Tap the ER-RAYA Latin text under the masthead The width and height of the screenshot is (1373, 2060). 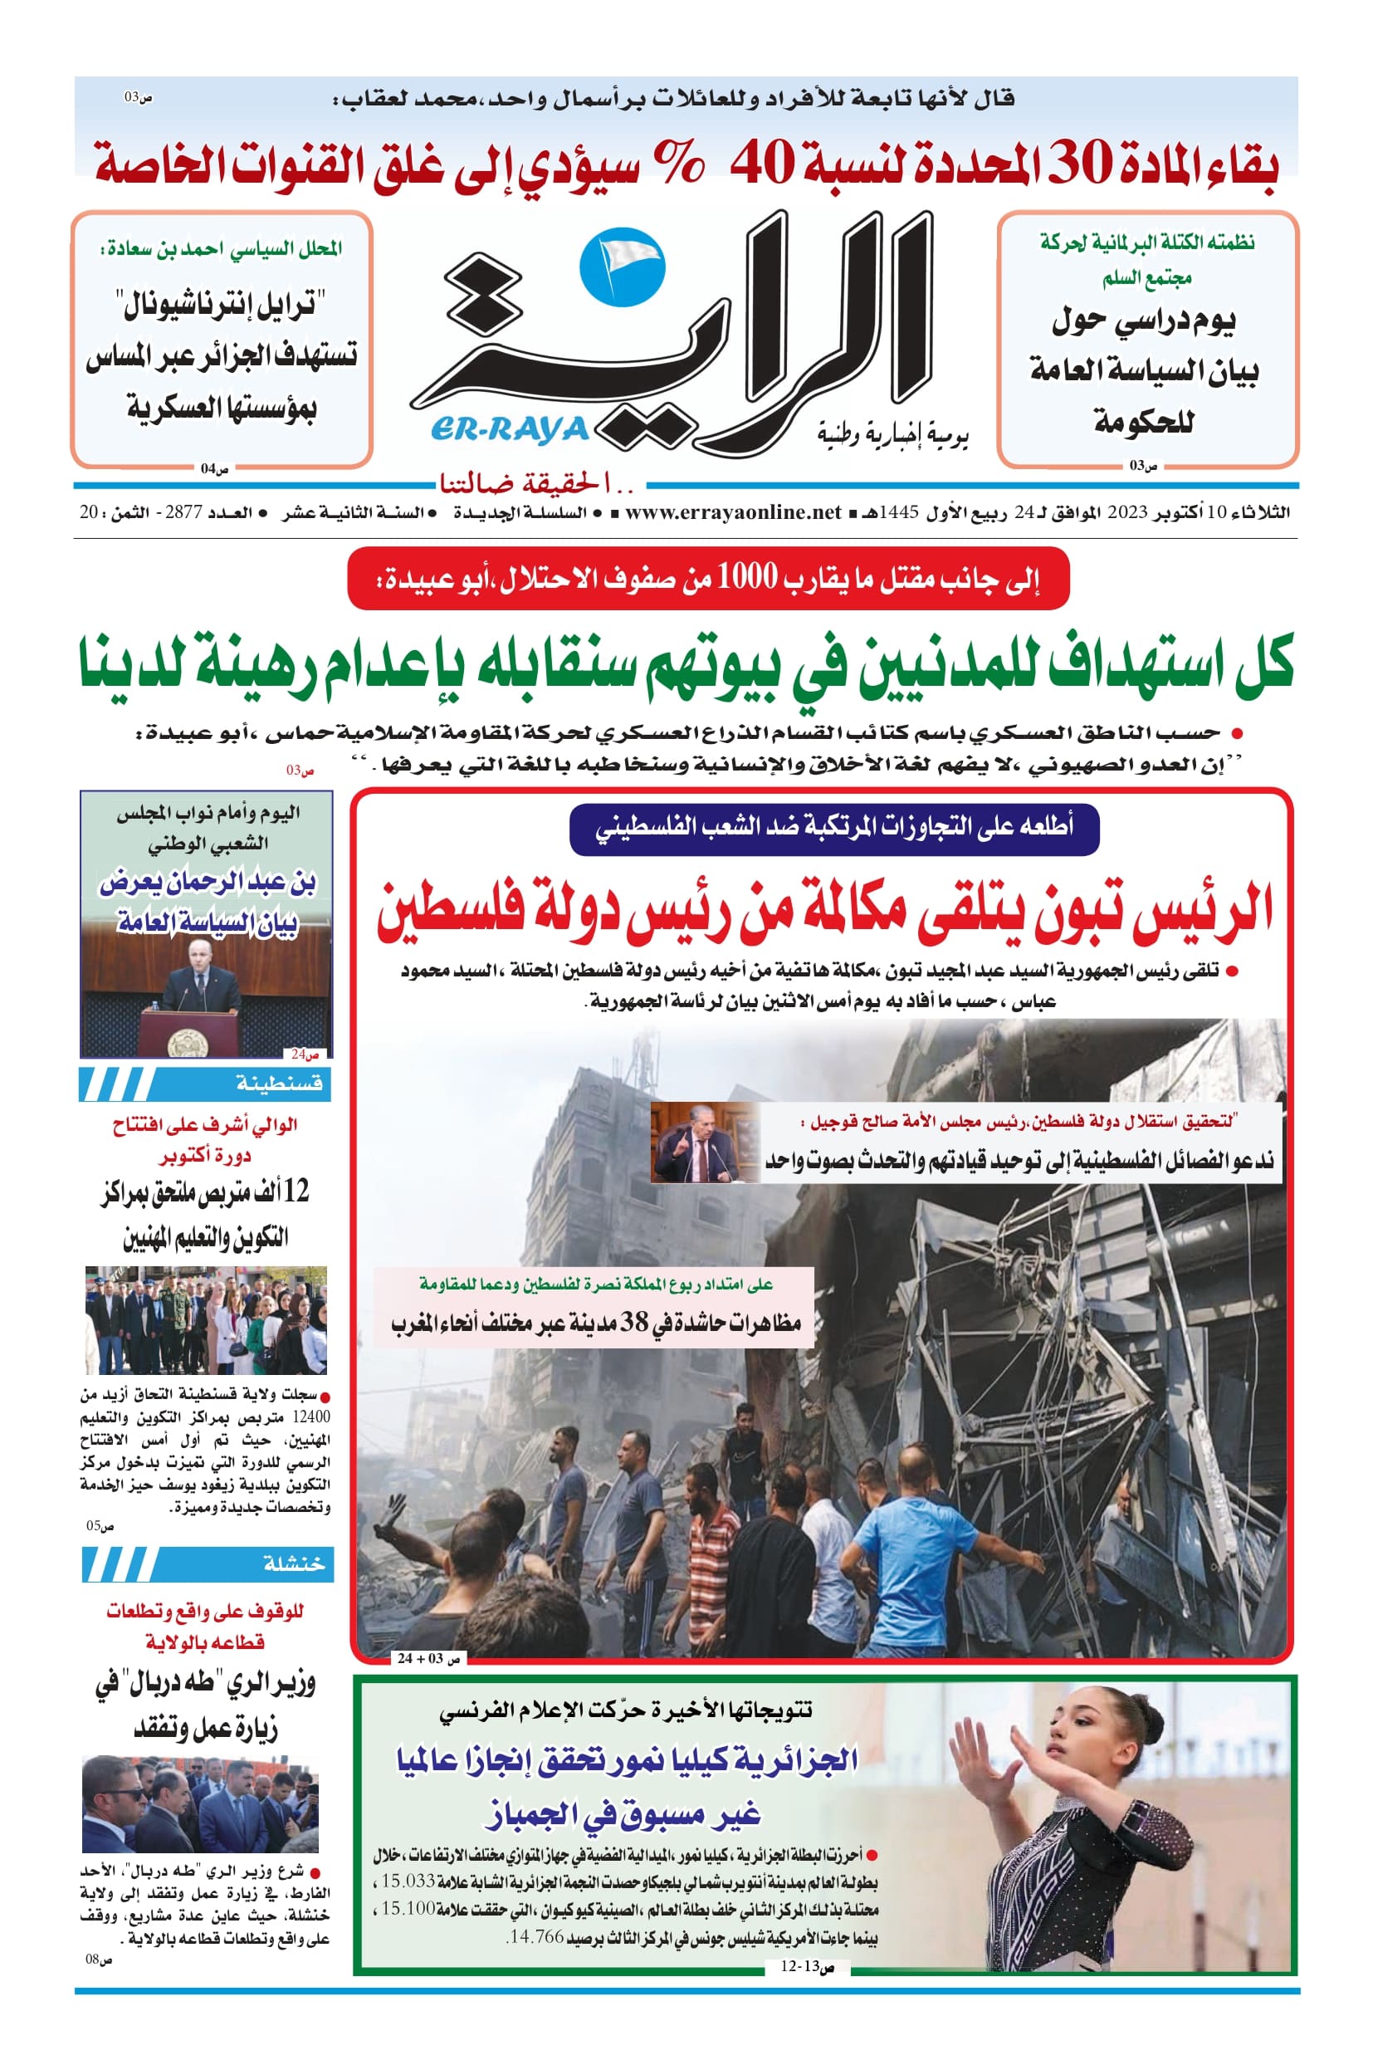tap(510, 430)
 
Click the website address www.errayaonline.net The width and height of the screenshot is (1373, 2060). tap(733, 512)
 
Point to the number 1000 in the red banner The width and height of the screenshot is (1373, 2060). tap(747, 577)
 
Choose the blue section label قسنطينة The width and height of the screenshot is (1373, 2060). tap(278, 1084)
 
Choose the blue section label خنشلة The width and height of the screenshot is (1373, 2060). tap(293, 1563)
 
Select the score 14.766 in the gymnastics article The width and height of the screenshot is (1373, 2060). tap(536, 1936)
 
